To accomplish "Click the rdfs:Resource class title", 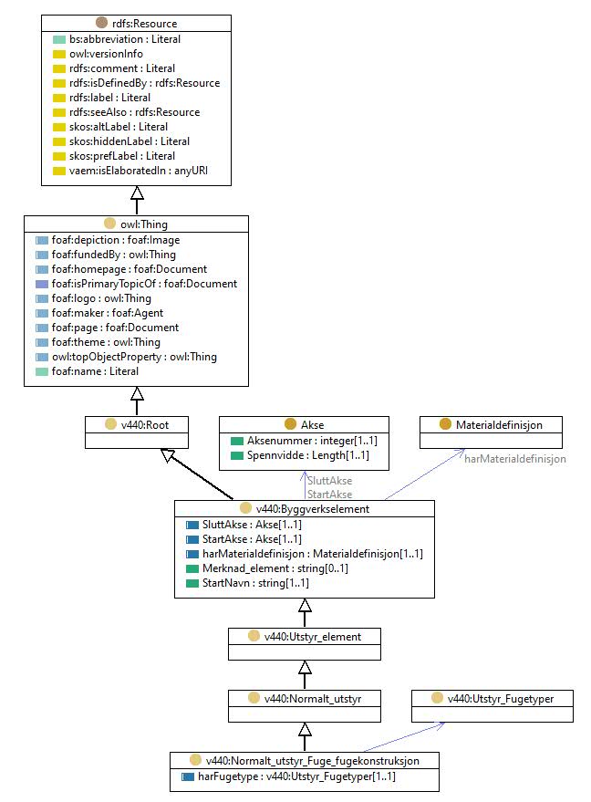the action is point(145,24).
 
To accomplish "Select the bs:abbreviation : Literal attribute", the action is point(125,39).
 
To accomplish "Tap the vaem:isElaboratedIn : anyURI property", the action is point(139,171).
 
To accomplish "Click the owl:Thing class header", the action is point(144,224).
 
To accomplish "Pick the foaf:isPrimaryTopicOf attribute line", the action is point(144,284).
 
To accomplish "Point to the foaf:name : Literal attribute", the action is point(95,371).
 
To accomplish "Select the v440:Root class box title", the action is point(145,425).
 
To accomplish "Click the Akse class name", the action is point(312,425).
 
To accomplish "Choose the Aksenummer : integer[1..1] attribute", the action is point(312,441).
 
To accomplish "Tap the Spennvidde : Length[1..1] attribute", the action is point(307,455).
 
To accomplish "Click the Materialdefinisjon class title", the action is point(499,425).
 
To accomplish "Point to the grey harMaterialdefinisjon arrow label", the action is point(514,459).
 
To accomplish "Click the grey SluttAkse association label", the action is point(330,481).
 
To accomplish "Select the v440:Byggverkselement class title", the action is point(312,509).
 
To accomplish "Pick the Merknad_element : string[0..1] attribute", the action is point(275,568).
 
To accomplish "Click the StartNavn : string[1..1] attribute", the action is point(255,583).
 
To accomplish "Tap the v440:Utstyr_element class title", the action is point(312,637).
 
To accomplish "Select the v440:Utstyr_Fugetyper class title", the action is point(501,699).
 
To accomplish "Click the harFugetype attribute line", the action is point(296,776).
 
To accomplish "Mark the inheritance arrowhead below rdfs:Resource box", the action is point(137,193).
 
